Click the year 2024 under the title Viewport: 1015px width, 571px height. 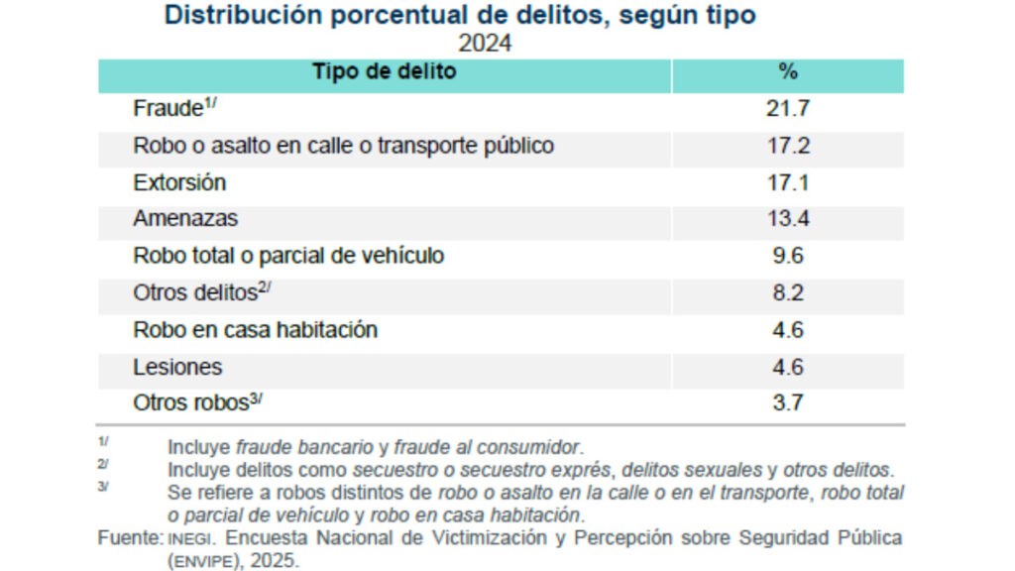click(484, 44)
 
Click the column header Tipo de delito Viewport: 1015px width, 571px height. click(384, 72)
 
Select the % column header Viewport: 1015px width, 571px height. click(788, 72)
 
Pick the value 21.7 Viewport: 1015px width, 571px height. click(788, 109)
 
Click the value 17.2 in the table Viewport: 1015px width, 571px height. click(788, 146)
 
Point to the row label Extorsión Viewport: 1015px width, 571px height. click(179, 182)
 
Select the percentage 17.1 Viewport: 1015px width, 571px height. click(788, 182)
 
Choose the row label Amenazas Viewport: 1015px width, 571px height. click(185, 219)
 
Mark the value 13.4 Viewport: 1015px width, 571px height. click(788, 219)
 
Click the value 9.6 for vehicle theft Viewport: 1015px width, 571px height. click(788, 256)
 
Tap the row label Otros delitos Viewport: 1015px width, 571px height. click(193, 293)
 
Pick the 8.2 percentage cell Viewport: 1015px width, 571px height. click(788, 293)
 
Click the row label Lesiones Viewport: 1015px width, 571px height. click(177, 367)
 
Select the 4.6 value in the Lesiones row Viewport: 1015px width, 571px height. click(788, 367)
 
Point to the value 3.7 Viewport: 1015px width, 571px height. click(788, 403)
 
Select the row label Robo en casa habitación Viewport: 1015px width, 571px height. click(255, 330)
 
